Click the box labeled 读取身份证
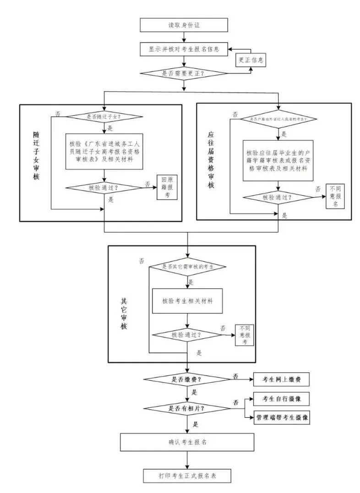[x=183, y=25]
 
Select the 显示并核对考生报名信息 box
[x=183, y=49]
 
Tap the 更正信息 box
[x=250, y=60]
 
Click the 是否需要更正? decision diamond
[x=183, y=73]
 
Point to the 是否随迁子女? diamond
[x=106, y=116]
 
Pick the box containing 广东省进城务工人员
[x=106, y=151]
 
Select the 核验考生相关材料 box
[x=187, y=301]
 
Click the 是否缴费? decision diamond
[x=186, y=379]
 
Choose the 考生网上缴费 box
[x=281, y=379]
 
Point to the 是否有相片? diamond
[x=186, y=408]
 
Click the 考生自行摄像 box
[x=281, y=399]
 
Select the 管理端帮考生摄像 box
[x=281, y=417]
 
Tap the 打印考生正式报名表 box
[x=187, y=476]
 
